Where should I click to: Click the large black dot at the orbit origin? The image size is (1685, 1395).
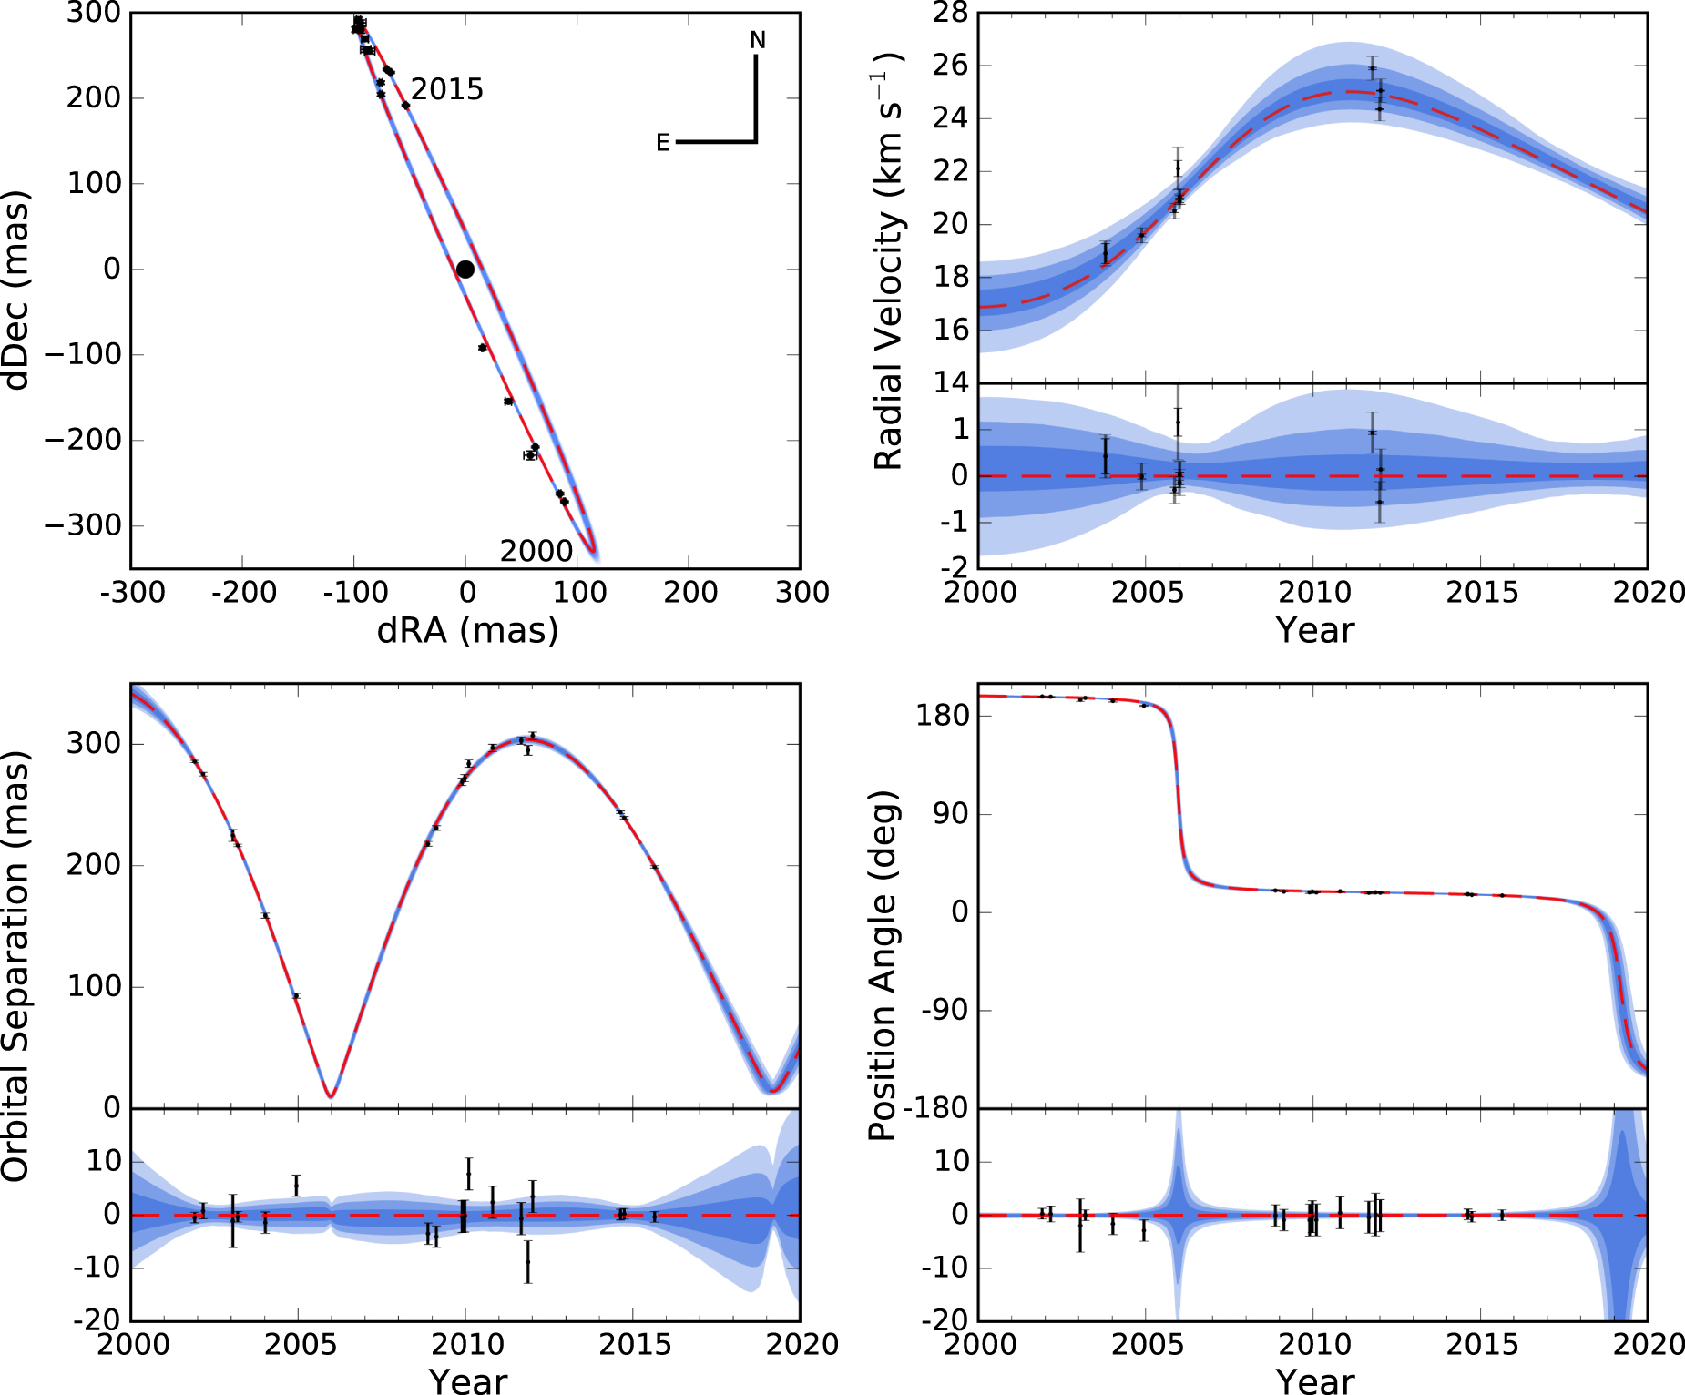coord(465,269)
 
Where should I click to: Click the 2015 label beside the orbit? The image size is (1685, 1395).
coord(446,89)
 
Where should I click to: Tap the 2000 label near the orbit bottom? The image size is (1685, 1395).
coord(536,551)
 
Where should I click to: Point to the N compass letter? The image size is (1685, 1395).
coord(758,41)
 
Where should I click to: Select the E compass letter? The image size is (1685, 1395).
coord(663,143)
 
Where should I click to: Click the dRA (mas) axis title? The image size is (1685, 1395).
coord(467,630)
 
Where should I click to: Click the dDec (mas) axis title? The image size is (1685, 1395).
coord(16,290)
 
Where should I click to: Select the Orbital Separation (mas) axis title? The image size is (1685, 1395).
coord(16,965)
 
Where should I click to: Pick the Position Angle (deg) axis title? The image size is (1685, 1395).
coord(883,965)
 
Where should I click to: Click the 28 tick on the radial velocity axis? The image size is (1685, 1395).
coord(950,14)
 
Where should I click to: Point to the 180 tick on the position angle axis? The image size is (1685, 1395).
coord(943,715)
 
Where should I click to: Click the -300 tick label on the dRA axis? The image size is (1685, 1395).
coord(133,593)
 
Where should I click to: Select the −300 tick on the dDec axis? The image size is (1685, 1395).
coord(82,525)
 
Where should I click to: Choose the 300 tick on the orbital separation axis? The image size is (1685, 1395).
coord(93,743)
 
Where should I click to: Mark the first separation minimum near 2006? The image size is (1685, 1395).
coord(331,1095)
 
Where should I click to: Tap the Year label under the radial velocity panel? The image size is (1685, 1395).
coord(1314,630)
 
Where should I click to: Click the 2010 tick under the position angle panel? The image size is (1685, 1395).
coord(1314,1344)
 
